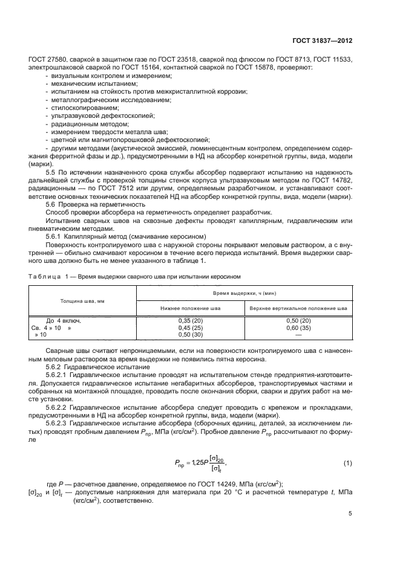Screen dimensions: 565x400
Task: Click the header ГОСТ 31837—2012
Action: pyautogui.click(x=324, y=40)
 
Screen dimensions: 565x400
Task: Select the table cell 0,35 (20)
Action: pyautogui.click(x=190, y=320)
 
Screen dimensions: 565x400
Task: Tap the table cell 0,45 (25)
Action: pyautogui.click(x=190, y=327)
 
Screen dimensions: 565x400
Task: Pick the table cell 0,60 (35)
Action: pyautogui.click(x=298, y=327)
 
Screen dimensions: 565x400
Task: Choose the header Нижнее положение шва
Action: pyautogui.click(x=190, y=308)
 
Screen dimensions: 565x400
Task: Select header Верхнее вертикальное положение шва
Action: pyautogui.click(x=298, y=308)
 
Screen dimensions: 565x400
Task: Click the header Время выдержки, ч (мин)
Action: pyautogui.click(x=244, y=292)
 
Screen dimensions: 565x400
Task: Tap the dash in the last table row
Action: pyautogui.click(x=298, y=334)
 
